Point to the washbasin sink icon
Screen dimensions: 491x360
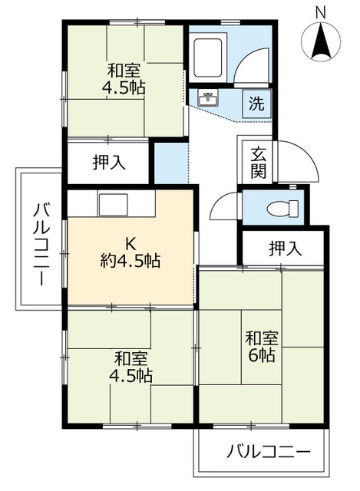tap(206, 99)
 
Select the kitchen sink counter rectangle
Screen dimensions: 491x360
tap(113, 206)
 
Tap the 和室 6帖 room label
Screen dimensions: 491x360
tap(263, 347)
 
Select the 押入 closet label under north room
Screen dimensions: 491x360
tap(109, 162)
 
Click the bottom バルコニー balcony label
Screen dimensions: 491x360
tap(268, 451)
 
